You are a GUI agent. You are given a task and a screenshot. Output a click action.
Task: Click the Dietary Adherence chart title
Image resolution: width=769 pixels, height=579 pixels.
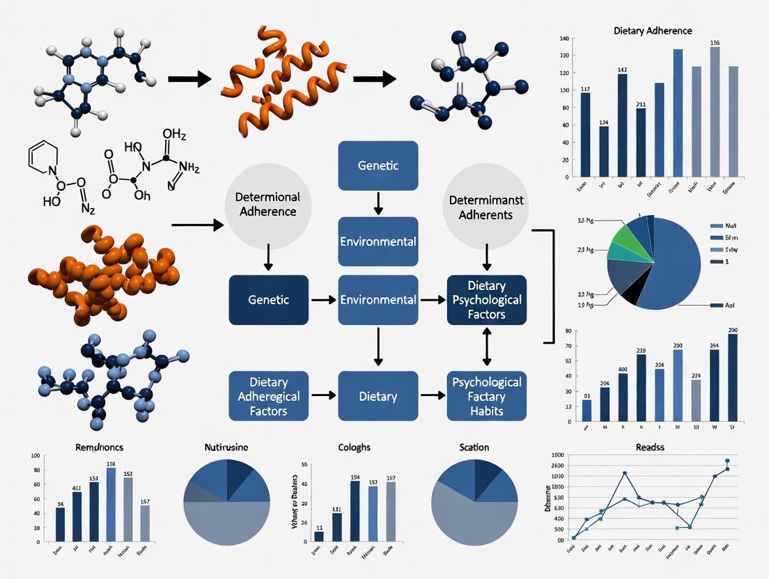click(653, 31)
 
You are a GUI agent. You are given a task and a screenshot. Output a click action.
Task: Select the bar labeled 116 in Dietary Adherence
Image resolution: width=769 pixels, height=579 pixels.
click(714, 111)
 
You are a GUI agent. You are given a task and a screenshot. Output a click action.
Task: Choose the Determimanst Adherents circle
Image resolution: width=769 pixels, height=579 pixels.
click(487, 207)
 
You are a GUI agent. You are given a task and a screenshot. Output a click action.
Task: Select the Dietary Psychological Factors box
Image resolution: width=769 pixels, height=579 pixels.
click(486, 300)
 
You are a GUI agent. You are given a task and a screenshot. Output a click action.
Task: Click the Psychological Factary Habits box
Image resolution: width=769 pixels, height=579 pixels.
click(486, 396)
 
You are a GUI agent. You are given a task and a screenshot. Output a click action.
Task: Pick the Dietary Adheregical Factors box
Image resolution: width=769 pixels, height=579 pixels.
click(268, 396)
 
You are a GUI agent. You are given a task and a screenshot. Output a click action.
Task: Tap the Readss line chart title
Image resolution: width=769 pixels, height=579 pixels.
click(650, 447)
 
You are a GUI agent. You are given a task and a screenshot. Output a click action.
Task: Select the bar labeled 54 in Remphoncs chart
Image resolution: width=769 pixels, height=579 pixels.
click(60, 524)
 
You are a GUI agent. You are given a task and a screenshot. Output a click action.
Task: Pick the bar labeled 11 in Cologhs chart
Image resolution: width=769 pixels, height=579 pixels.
click(318, 536)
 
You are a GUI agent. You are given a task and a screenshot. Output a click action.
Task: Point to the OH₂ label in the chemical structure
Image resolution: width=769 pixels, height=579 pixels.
click(174, 133)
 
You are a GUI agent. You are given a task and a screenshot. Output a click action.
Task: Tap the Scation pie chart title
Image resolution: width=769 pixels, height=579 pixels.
click(474, 447)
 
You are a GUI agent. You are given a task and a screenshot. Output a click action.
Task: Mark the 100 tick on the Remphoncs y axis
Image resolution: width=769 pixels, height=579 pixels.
click(35, 457)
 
